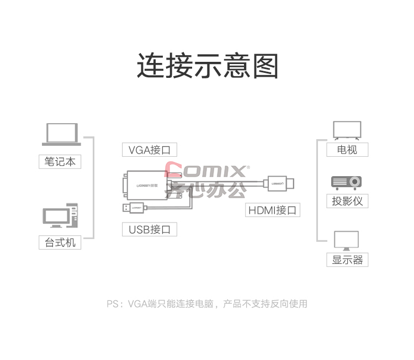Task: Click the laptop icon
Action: coord(61,134)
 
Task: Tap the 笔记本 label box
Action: coord(60,162)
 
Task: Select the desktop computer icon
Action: coord(61,215)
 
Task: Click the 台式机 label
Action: coord(60,242)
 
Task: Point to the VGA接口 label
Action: coord(150,150)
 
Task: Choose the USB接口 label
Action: coord(150,229)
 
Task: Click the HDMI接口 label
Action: coord(273,210)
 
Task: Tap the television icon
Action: coord(347,130)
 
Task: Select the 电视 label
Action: coord(347,150)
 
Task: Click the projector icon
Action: coord(347,183)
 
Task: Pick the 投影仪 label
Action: coord(347,201)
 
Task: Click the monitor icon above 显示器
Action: coord(347,241)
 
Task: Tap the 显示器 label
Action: coord(347,260)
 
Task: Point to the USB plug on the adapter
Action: coord(133,208)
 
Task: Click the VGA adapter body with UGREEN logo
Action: coord(147,185)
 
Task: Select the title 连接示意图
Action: coord(207,66)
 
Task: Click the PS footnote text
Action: coord(207,304)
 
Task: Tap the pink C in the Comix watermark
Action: coord(173,170)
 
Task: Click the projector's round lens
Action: coord(354,182)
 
